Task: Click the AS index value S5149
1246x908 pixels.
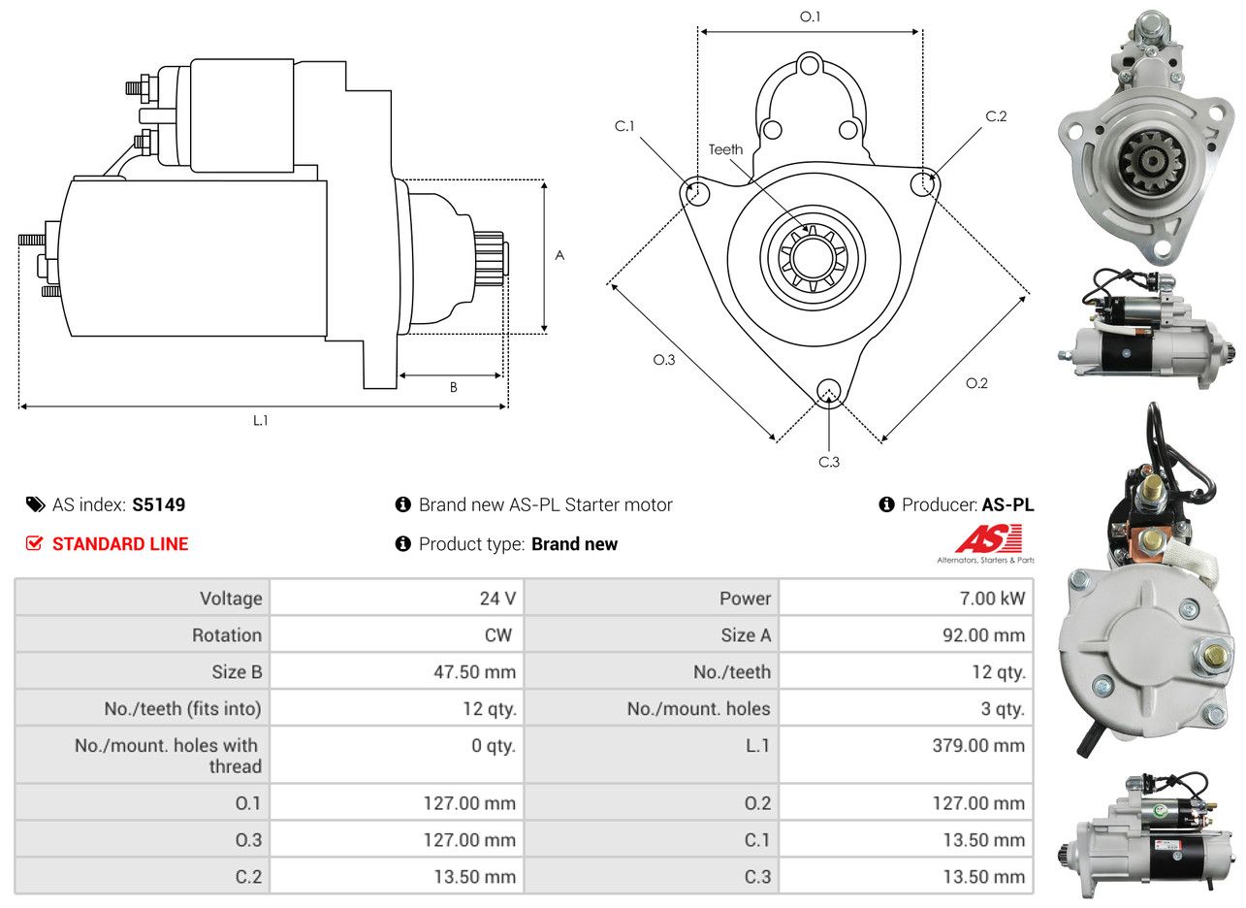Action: (158, 504)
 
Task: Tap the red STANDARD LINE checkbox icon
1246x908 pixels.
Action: (34, 544)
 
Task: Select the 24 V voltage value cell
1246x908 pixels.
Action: (497, 599)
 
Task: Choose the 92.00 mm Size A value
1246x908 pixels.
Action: (982, 635)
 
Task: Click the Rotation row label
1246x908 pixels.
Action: (226, 635)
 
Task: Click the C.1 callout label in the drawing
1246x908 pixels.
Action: (624, 126)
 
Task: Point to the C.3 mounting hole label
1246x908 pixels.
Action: (829, 462)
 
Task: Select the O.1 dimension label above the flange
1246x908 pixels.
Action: (810, 16)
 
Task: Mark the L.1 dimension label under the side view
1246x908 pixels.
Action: (261, 420)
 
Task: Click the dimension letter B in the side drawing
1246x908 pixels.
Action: (453, 388)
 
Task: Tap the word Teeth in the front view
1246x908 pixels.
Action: (725, 149)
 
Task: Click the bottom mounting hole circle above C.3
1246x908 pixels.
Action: (828, 391)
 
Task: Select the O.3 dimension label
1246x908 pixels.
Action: (663, 360)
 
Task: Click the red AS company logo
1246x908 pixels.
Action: (988, 538)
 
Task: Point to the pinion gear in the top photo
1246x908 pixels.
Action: (1151, 161)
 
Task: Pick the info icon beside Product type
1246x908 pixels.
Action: (403, 544)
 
